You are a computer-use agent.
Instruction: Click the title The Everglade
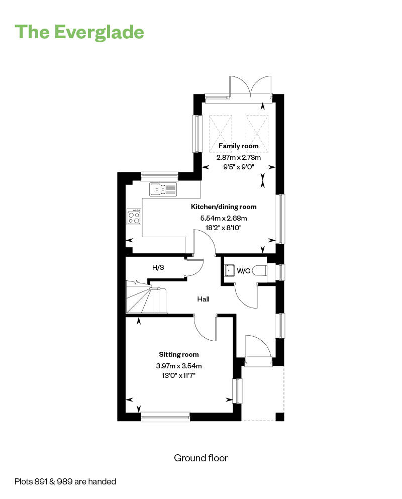point(80,32)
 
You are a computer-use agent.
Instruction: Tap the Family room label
point(239,146)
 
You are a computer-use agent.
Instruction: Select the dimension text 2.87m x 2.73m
point(239,157)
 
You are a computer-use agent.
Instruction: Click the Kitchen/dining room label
point(224,207)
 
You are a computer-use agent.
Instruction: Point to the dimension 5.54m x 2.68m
point(224,218)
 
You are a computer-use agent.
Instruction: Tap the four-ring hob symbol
point(134,217)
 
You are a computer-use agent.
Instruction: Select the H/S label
point(158,267)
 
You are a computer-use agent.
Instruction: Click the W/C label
point(243,271)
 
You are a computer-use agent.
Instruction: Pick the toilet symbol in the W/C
point(259,271)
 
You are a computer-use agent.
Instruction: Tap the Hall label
point(203,299)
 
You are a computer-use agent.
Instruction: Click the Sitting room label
point(179,354)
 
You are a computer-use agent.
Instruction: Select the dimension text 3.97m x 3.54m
point(179,366)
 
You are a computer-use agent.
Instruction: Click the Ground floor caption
point(201,458)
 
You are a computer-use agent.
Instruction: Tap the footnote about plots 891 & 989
point(65,481)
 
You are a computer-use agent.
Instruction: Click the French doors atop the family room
point(250,86)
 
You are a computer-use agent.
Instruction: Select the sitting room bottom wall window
point(165,416)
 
